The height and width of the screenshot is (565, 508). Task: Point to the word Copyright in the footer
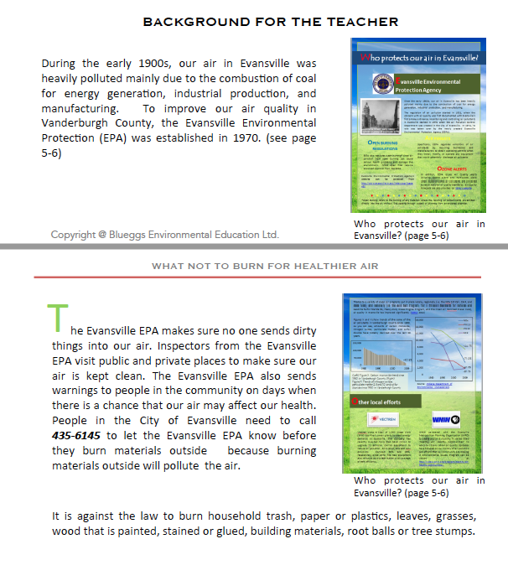coord(74,234)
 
